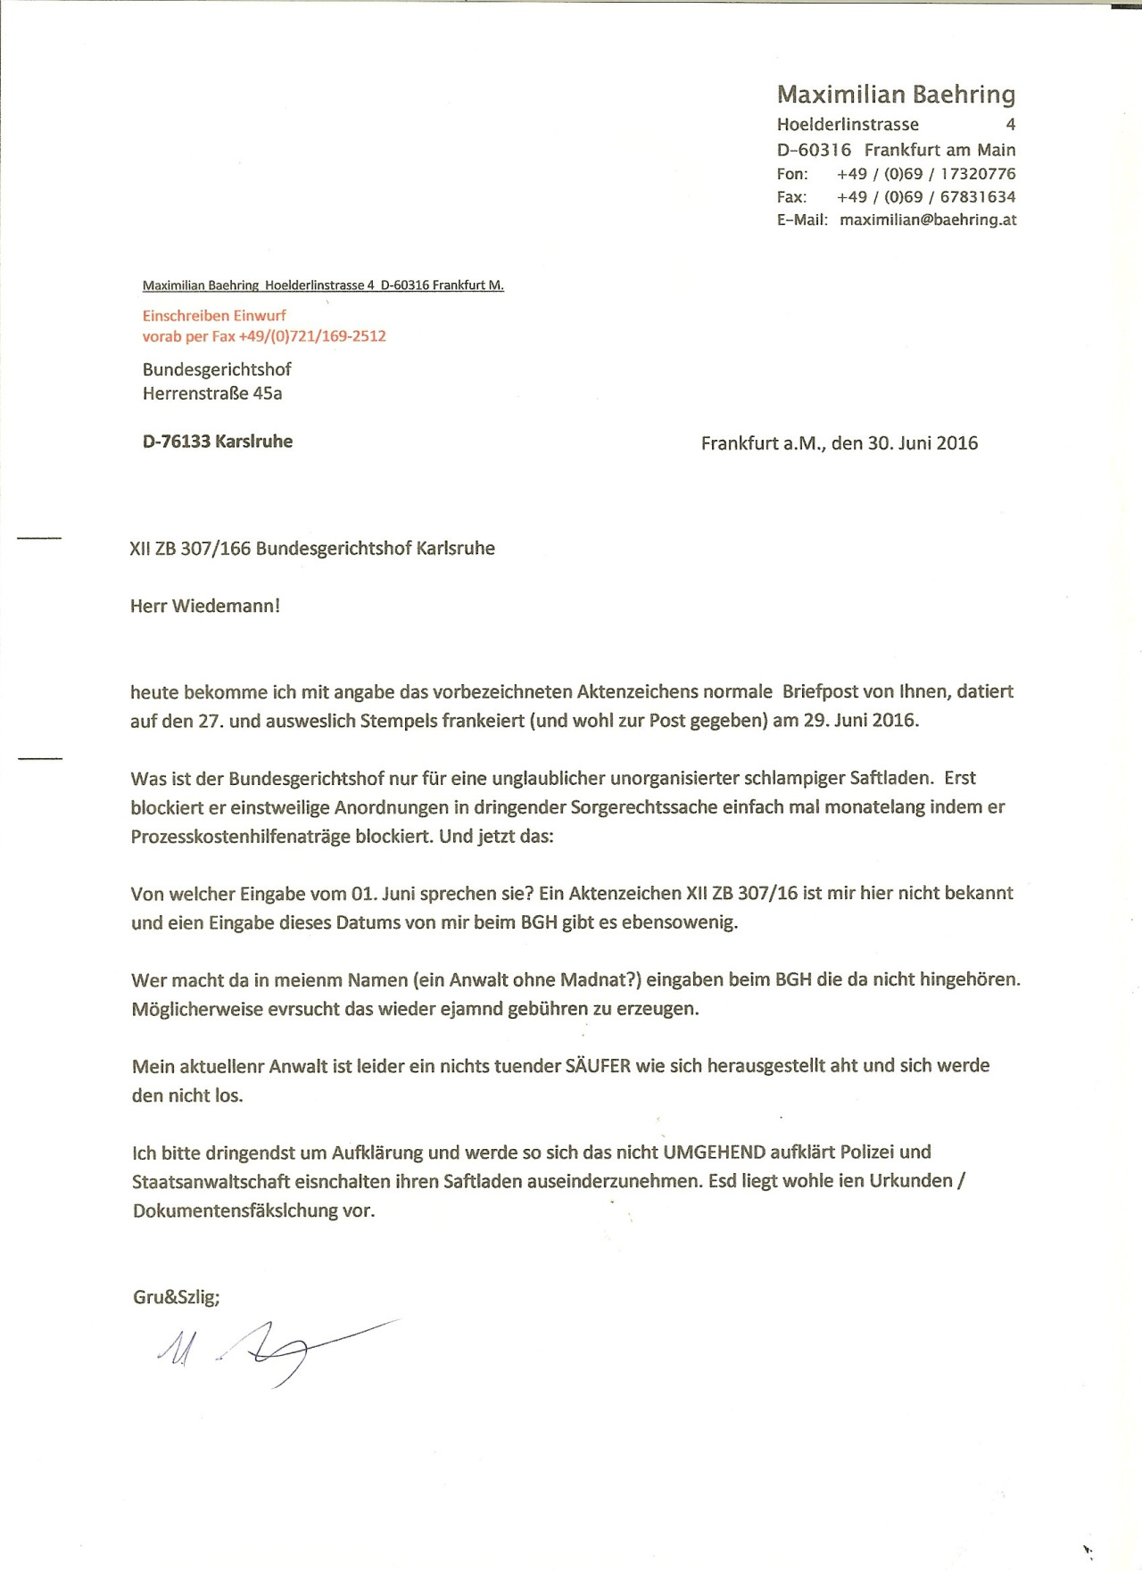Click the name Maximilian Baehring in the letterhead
(896, 95)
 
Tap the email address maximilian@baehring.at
(928, 219)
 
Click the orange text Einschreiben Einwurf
(214, 315)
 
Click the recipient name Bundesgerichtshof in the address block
(217, 369)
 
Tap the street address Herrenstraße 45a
(212, 393)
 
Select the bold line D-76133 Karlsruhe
(218, 442)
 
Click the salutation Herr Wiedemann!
(205, 607)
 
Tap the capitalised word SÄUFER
(598, 1066)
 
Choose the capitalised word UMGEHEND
(714, 1153)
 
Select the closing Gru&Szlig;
(177, 1297)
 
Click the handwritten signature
(268, 1351)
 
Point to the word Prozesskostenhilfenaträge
(241, 838)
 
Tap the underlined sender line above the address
(323, 285)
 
